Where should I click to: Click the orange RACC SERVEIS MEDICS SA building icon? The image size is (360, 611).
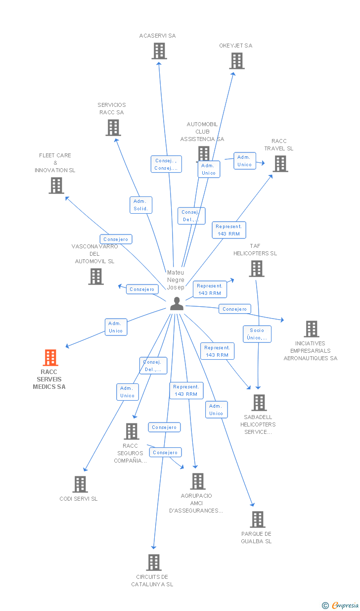pos(50,357)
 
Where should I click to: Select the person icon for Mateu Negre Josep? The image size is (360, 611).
pos(177,304)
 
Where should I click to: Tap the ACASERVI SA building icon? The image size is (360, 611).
pos(159,50)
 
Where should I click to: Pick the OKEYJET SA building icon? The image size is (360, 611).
pos(237,60)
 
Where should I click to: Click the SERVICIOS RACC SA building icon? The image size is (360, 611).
pos(113,127)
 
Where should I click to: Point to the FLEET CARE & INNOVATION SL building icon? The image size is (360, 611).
pos(56,185)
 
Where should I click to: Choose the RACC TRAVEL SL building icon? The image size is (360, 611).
pos(280,163)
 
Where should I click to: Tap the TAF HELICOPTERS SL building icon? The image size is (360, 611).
pos(256,268)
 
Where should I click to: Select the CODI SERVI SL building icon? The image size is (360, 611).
pos(80,484)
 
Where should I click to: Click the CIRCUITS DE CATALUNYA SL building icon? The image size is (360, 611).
pos(154,562)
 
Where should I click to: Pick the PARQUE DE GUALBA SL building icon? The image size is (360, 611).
pos(257,519)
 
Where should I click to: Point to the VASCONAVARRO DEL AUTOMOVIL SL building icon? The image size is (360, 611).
pos(96,276)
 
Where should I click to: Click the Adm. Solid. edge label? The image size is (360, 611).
pos(141,205)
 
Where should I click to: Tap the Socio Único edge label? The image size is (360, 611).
pos(257,334)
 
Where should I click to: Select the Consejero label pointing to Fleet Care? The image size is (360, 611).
pos(116,239)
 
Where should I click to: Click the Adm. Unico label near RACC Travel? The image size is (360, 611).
pos(244,161)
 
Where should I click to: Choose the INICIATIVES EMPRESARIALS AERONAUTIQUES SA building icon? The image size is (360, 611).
pos(311,329)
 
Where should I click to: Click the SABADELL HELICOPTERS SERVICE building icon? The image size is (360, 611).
pos(259,402)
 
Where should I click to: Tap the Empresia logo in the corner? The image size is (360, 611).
pos(341,605)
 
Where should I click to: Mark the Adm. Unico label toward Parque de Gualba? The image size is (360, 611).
pos(216,410)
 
